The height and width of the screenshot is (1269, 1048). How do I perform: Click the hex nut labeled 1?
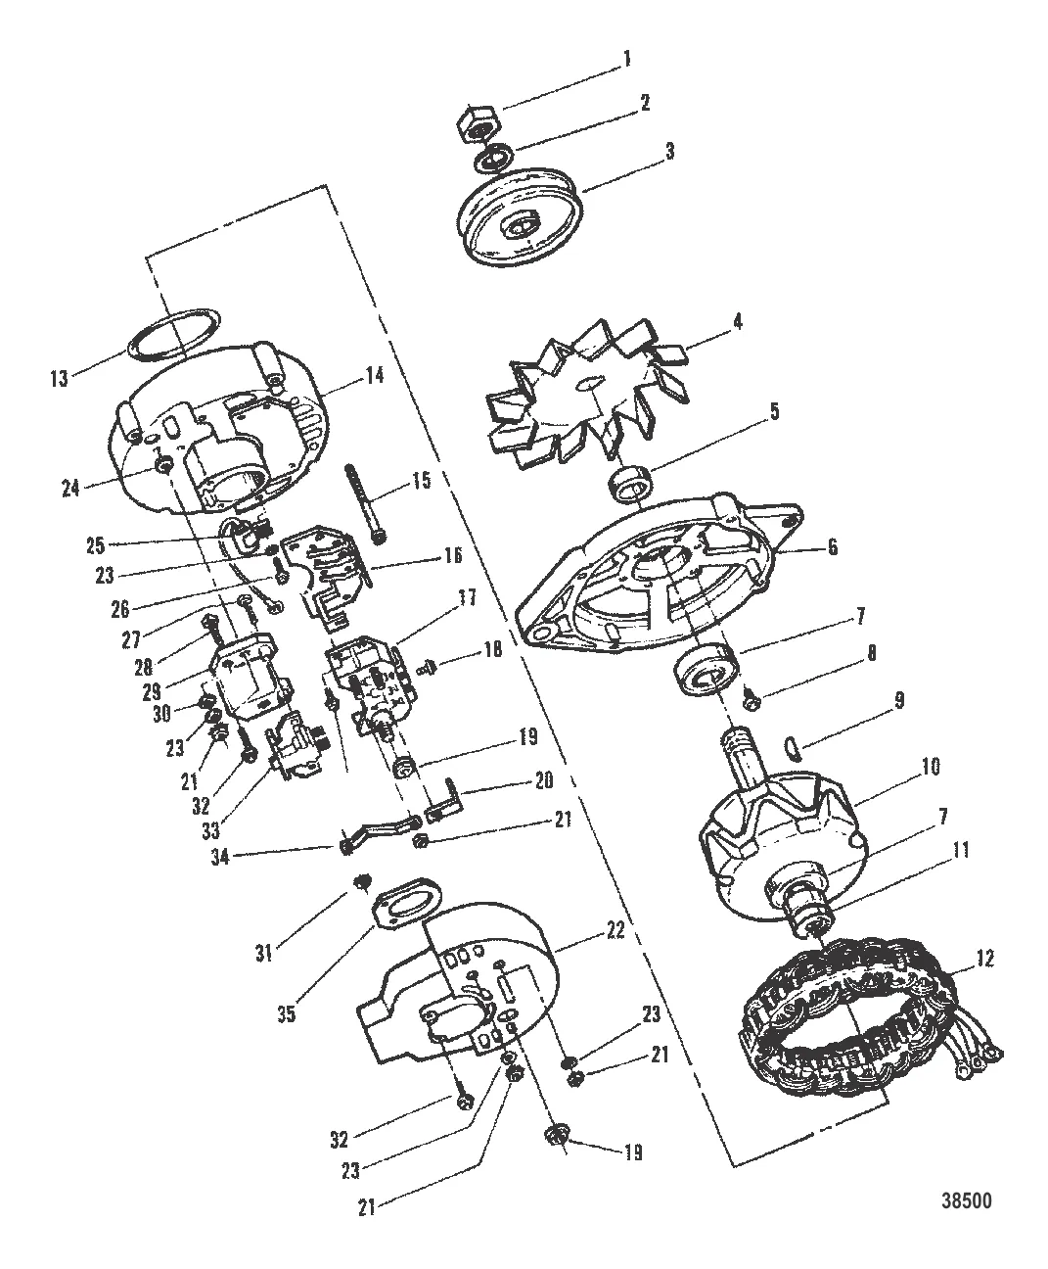pyautogui.click(x=476, y=124)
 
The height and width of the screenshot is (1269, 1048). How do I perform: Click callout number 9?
pyautogui.click(x=897, y=701)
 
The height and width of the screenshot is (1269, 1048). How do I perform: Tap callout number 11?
pyautogui.click(x=961, y=852)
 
